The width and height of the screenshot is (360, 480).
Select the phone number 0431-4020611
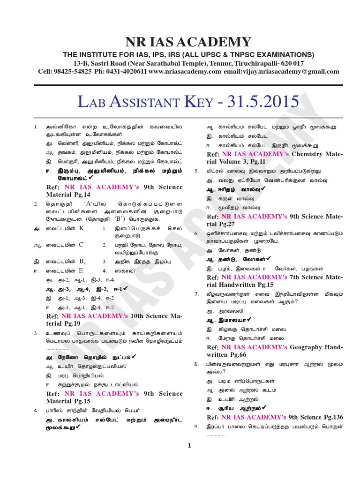(125, 71)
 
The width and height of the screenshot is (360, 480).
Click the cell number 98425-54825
(72, 71)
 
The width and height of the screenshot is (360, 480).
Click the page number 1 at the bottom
(189, 446)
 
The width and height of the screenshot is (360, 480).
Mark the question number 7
(197, 293)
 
